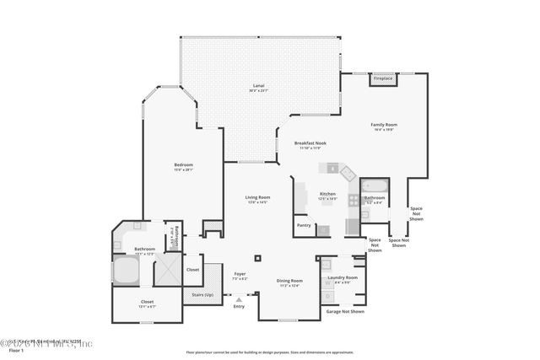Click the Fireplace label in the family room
coord(383,79)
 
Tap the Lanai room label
coord(259,87)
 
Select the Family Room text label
coord(384,125)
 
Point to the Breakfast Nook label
coord(310,144)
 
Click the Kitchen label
coord(327,194)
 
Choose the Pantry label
coord(304,225)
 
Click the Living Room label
coord(246,197)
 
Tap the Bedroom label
coord(183,165)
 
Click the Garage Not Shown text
coord(345,311)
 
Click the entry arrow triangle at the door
coord(239,299)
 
